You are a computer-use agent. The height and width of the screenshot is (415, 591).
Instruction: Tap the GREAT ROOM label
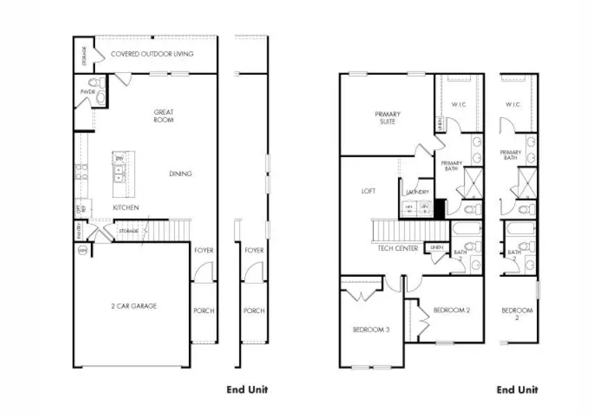164,116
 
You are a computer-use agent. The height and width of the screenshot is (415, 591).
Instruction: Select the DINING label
181,173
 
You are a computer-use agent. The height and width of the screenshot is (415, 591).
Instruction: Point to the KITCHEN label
126,207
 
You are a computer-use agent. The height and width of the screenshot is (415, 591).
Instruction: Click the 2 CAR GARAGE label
134,305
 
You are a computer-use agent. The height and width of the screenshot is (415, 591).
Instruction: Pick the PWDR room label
88,92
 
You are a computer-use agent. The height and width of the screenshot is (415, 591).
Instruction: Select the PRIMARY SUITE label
388,117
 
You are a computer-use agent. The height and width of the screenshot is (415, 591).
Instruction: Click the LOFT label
368,191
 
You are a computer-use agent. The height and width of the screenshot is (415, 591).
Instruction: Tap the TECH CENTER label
398,248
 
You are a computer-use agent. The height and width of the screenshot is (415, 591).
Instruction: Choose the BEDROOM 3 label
371,329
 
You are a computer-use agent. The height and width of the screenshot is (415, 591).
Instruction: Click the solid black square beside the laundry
439,208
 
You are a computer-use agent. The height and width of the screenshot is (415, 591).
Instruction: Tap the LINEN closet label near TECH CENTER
436,247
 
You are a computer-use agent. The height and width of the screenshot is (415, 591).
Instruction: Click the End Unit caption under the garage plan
247,389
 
